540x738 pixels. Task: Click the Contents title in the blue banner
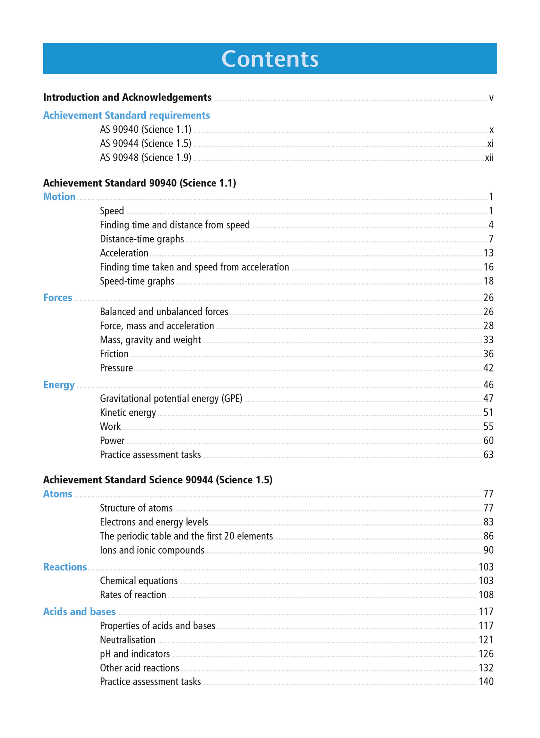click(270, 59)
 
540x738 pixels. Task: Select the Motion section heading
click(59, 197)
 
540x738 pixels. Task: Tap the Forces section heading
click(58, 298)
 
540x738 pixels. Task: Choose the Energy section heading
click(59, 385)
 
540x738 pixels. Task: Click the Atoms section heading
click(58, 494)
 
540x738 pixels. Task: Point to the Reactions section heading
click(65, 567)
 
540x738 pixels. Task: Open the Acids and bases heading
click(79, 612)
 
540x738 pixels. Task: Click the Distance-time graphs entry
click(142, 239)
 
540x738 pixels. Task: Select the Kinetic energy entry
click(128, 413)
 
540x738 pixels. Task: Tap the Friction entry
click(114, 354)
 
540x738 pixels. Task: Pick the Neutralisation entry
click(127, 640)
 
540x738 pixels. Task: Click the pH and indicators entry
click(135, 654)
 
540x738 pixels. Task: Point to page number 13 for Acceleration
click(488, 253)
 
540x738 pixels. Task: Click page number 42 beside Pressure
click(488, 368)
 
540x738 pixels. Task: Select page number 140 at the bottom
click(486, 682)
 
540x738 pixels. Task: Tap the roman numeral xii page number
click(489, 158)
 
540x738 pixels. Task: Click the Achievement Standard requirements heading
click(126, 116)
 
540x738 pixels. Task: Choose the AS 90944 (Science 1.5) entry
click(145, 144)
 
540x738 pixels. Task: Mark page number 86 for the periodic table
click(488, 536)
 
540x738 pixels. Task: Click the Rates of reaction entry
click(133, 595)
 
